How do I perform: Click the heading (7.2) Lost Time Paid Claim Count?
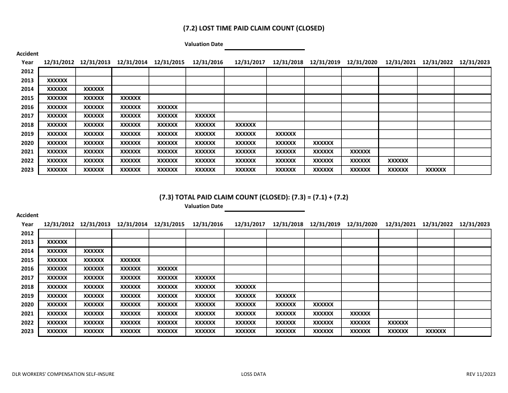pos(253,28)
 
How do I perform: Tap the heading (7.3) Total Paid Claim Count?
pos(253,197)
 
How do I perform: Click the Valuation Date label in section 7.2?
pos(204,44)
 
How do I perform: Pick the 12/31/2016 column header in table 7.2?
pos(207,63)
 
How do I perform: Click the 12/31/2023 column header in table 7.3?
pos(474,225)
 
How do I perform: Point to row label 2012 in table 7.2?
pos(27,71)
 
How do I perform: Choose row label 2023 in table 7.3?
pos(27,332)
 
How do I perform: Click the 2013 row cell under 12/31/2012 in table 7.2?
pos(57,80)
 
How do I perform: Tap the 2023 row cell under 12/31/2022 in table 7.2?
pos(436,170)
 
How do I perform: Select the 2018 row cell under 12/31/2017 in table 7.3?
pos(245,287)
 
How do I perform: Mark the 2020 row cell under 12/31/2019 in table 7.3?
pos(323,305)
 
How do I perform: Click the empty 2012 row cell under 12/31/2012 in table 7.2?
pos(57,71)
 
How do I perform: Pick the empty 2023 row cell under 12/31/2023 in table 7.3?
pos(473,332)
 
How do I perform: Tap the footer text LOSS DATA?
pos(253,374)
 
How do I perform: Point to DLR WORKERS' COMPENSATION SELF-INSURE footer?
pos(64,374)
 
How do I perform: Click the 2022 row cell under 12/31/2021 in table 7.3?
pos(398,322)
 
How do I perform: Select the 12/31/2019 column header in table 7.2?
pos(325,63)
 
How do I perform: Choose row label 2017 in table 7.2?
pos(27,116)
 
